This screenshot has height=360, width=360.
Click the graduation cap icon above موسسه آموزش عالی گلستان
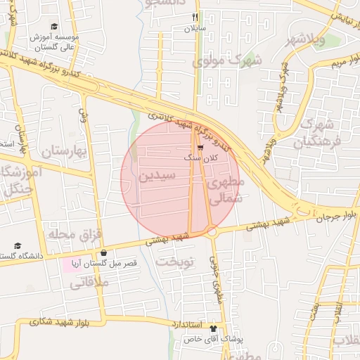[x=54, y=26]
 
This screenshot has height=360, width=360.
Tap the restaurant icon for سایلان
[x=195, y=18]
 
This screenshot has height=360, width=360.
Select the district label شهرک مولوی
[x=226, y=60]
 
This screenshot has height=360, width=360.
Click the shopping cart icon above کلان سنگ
[x=200, y=148]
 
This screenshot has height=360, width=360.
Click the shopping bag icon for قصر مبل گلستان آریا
[x=104, y=252]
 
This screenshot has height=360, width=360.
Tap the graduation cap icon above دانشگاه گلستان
[x=18, y=246]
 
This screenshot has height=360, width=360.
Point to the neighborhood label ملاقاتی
[x=90, y=282]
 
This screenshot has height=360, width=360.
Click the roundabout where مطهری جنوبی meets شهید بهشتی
[x=211, y=231]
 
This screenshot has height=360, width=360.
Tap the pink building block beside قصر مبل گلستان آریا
[x=73, y=265]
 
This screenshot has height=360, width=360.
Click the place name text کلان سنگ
[x=200, y=159]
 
